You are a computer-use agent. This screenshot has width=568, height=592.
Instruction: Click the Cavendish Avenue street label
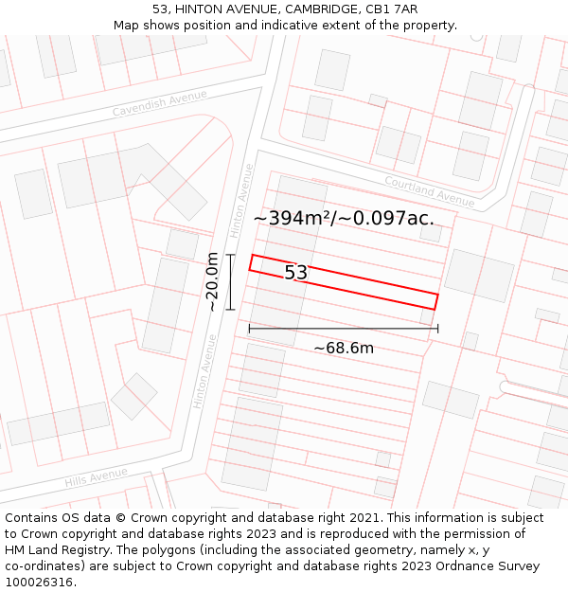tap(159, 103)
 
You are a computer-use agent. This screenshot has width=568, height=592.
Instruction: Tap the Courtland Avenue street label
tap(429, 190)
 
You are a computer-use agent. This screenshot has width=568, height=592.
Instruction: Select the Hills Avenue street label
tap(96, 478)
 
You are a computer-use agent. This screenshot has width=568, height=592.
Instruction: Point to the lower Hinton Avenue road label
tap(205, 370)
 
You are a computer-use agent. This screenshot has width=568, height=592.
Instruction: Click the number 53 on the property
tap(296, 273)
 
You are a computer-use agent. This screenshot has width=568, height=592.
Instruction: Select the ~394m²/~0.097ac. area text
tap(344, 218)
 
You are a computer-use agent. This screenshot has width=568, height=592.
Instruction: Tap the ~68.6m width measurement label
tap(344, 348)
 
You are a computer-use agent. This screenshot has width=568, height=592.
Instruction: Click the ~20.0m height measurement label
tap(212, 281)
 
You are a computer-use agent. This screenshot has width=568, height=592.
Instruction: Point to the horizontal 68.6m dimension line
tap(344, 329)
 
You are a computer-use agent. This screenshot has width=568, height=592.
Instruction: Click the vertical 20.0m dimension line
tap(230, 281)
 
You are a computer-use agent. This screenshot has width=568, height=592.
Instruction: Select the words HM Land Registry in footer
tap(52, 550)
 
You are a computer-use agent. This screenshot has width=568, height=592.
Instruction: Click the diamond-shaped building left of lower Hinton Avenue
tap(134, 396)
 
